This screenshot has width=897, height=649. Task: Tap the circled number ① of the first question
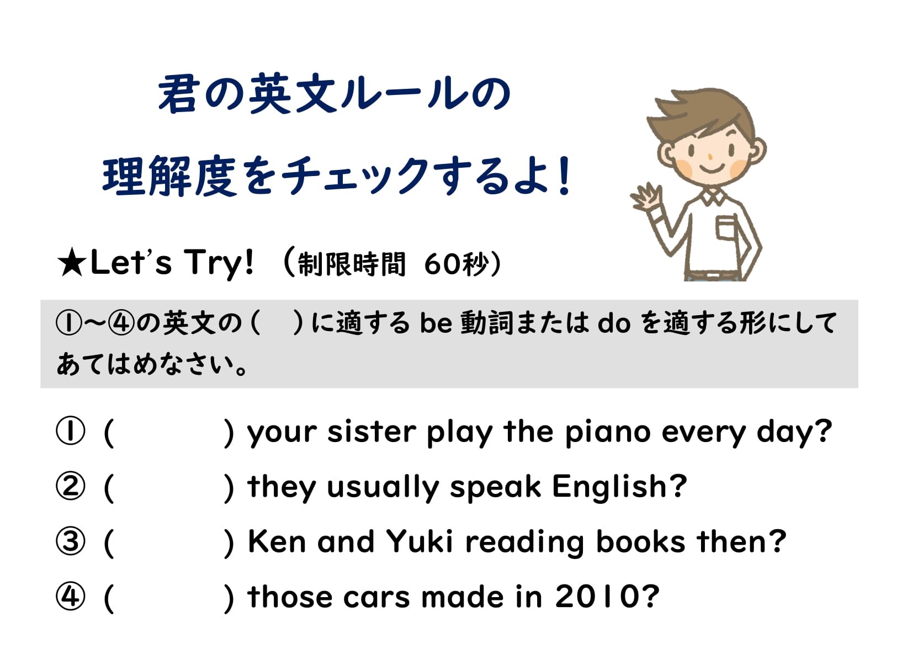71,431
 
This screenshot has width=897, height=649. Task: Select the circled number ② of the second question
71,486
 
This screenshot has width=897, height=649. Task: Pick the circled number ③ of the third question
71,541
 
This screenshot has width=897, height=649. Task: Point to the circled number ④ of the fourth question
71,596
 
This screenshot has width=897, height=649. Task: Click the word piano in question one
608,433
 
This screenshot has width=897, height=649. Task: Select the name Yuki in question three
420,541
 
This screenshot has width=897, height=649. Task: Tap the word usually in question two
383,488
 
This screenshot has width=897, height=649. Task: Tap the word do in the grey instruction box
614,323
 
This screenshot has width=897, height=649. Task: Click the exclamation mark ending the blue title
565,175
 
